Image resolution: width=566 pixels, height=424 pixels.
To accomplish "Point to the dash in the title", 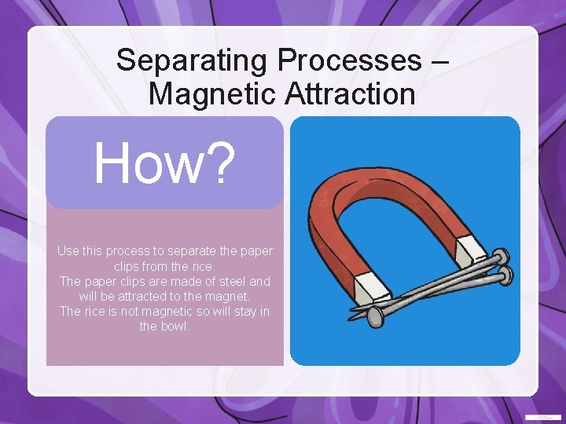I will (x=441, y=61).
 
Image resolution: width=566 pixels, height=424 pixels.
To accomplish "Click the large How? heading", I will (x=164, y=163).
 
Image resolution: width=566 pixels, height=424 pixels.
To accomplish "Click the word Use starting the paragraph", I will (x=68, y=251).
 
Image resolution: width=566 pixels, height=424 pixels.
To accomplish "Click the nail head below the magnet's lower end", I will (x=376, y=316).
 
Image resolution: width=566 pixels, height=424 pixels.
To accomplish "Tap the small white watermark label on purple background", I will (x=542, y=416).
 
